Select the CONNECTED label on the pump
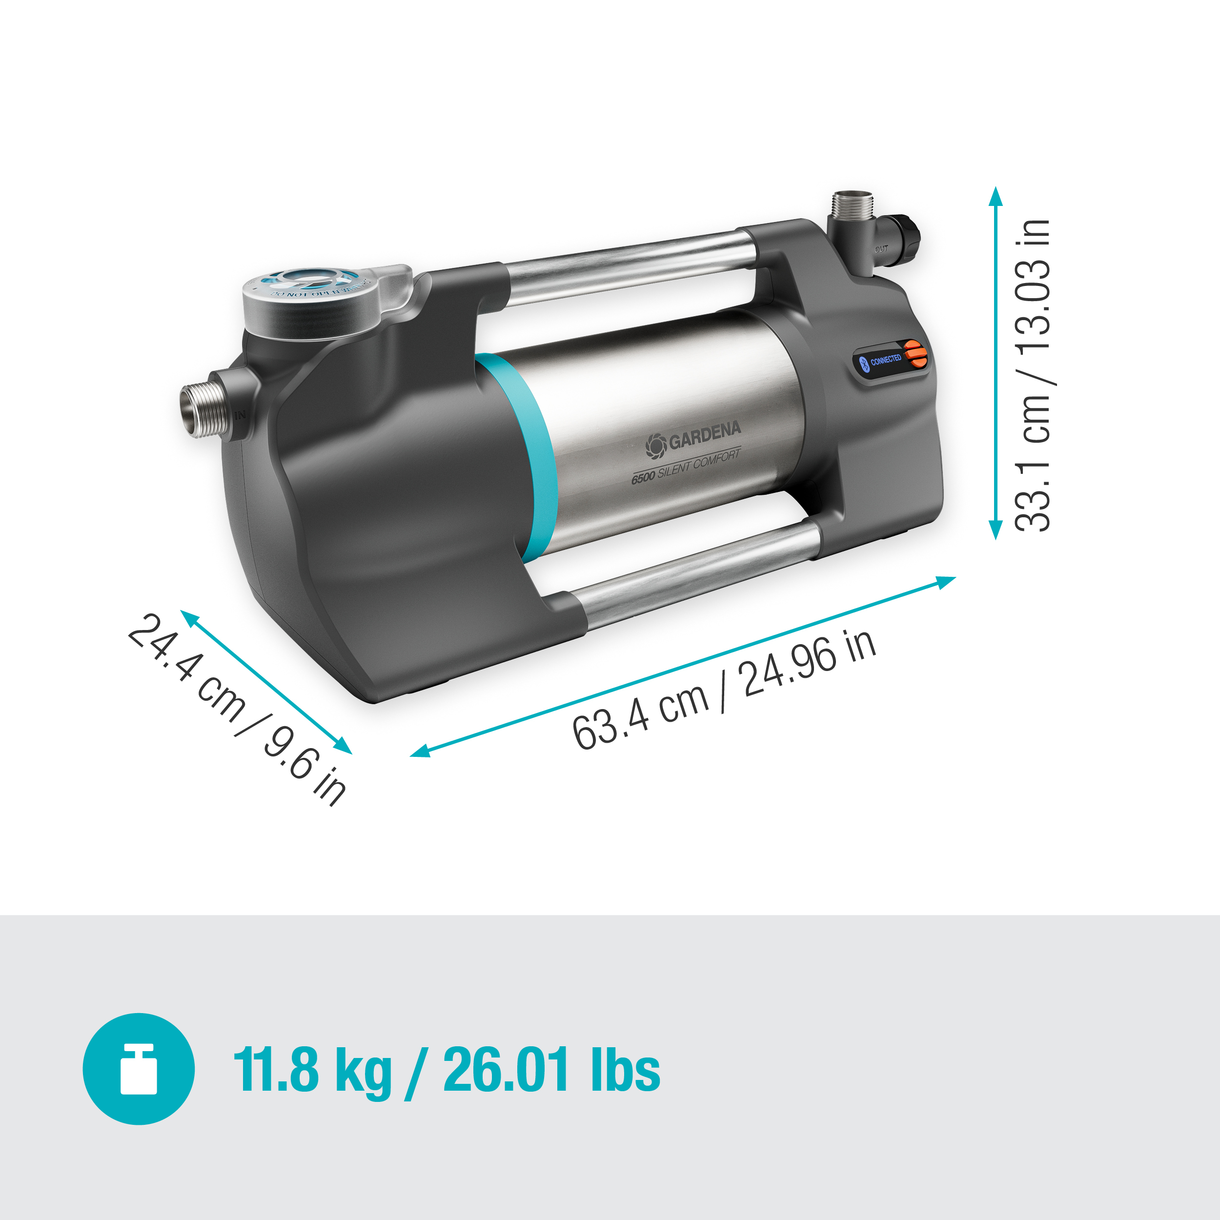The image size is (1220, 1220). coord(885,360)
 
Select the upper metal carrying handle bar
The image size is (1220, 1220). coord(631,265)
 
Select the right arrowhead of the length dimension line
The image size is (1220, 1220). coord(947,581)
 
